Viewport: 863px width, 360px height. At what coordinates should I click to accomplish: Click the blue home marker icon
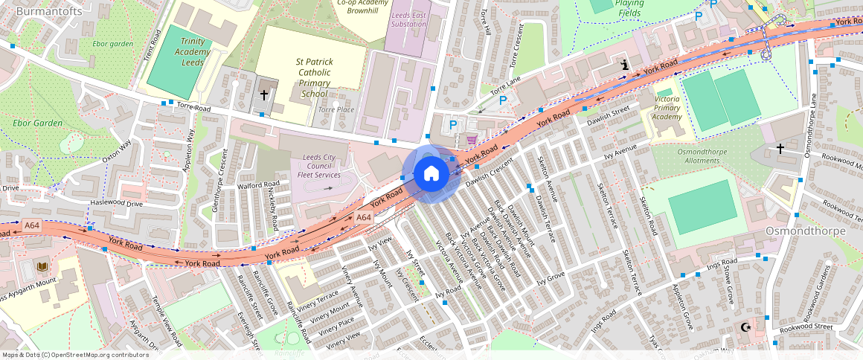pyautogui.click(x=431, y=175)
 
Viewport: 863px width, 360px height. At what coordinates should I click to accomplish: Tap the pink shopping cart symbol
pyautogui.click(x=471, y=140)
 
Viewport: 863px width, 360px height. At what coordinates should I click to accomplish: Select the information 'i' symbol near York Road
pyautogui.click(x=625, y=66)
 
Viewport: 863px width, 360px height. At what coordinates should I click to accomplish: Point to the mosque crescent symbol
pyautogui.click(x=745, y=328)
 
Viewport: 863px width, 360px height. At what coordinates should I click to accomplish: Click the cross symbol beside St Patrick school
pyautogui.click(x=263, y=95)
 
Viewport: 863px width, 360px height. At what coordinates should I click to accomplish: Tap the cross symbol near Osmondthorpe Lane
pyautogui.click(x=780, y=149)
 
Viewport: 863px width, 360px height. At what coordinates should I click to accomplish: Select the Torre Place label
pyautogui.click(x=336, y=109)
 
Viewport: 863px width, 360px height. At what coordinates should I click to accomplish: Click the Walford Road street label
pyautogui.click(x=258, y=184)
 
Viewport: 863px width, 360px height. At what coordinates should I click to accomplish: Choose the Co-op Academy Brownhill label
pyautogui.click(x=362, y=7)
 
